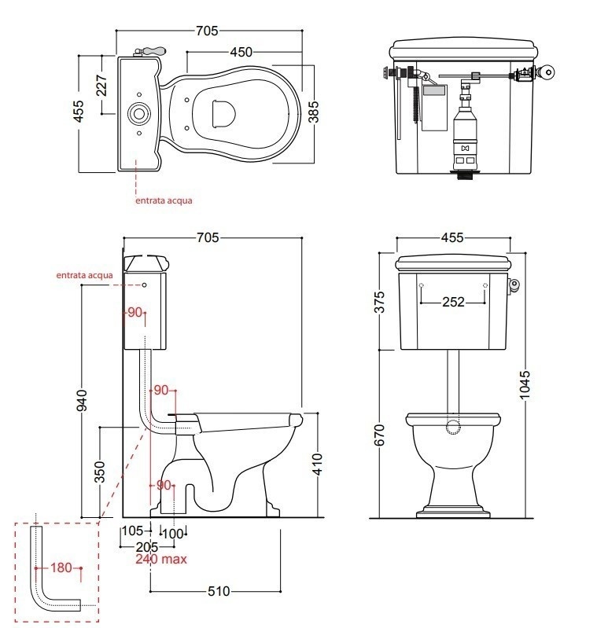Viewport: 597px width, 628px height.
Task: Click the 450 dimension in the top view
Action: click(241, 52)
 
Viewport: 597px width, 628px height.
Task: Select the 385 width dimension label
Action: click(313, 112)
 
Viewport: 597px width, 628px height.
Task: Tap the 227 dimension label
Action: click(101, 86)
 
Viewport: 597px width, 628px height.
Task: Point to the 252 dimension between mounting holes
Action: click(453, 302)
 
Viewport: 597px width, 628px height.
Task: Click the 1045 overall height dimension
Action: click(525, 385)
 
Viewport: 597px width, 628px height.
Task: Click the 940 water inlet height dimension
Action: click(81, 400)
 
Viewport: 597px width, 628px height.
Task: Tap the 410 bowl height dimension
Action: click(317, 465)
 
